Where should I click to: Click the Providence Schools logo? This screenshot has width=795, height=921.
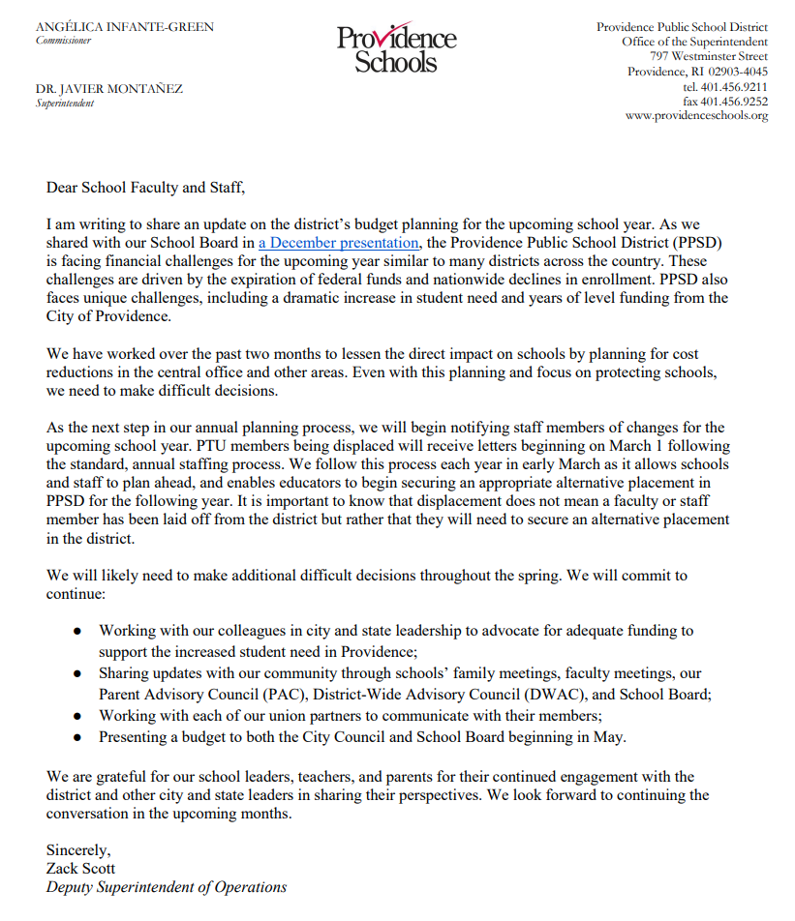point(396,47)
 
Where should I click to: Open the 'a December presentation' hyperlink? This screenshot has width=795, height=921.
point(338,243)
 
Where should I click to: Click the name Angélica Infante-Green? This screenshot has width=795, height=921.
point(125,26)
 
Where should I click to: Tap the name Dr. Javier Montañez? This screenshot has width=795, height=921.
point(108,89)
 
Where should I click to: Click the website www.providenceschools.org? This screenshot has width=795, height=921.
point(696,116)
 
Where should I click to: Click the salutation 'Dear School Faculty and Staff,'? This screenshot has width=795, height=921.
point(152,188)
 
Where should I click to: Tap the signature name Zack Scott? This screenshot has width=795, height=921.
point(80,869)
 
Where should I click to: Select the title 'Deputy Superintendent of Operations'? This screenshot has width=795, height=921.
point(167,887)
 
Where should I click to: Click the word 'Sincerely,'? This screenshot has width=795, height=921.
point(78,850)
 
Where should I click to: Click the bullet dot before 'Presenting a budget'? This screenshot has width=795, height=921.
point(77,737)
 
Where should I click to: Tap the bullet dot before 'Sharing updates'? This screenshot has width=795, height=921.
point(77,673)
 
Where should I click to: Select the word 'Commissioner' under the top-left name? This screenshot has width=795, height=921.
point(63,41)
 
